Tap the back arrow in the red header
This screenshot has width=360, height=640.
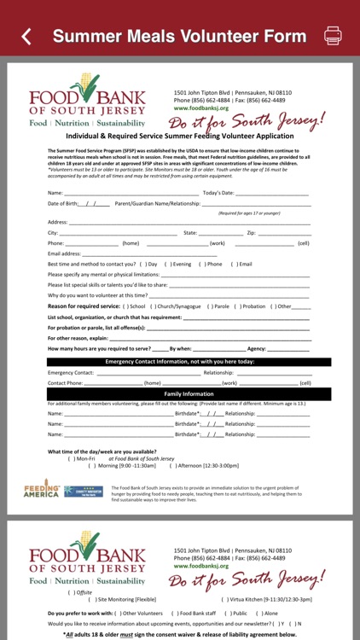26,36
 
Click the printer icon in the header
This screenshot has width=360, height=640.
333,36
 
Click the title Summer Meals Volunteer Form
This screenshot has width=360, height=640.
179,36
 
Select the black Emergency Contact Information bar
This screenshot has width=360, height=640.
179,361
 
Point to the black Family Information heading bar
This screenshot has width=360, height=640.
179,393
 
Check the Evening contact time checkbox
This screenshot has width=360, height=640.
168,264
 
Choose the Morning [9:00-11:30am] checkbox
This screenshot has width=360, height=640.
91,465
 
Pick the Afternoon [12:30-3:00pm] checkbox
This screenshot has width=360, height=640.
173,465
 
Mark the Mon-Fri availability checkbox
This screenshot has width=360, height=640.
71,458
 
